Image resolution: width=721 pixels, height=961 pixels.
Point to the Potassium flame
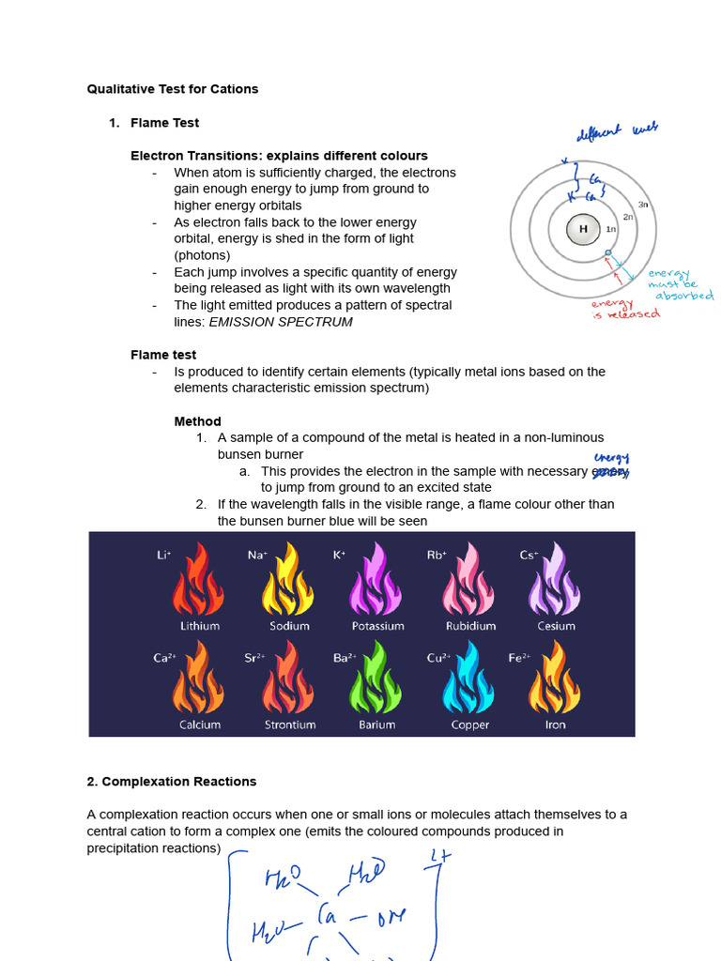(377, 583)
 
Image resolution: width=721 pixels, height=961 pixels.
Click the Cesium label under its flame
(557, 626)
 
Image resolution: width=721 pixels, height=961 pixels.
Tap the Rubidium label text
(471, 626)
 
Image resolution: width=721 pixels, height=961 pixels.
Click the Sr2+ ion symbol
(253, 658)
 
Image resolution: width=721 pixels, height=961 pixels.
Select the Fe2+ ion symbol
(520, 658)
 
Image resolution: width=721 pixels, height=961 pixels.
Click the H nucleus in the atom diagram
(583, 229)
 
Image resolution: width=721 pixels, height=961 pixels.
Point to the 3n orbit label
(643, 204)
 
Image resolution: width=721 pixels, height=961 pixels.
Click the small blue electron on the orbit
(608, 253)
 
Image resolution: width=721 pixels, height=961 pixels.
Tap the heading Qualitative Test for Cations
(173, 89)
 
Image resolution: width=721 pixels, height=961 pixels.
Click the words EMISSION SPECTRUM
(281, 322)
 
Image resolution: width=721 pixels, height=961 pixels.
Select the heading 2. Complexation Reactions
(172, 781)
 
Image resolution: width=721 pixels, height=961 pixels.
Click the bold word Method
(198, 421)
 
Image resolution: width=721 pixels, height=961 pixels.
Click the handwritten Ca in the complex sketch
(330, 913)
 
